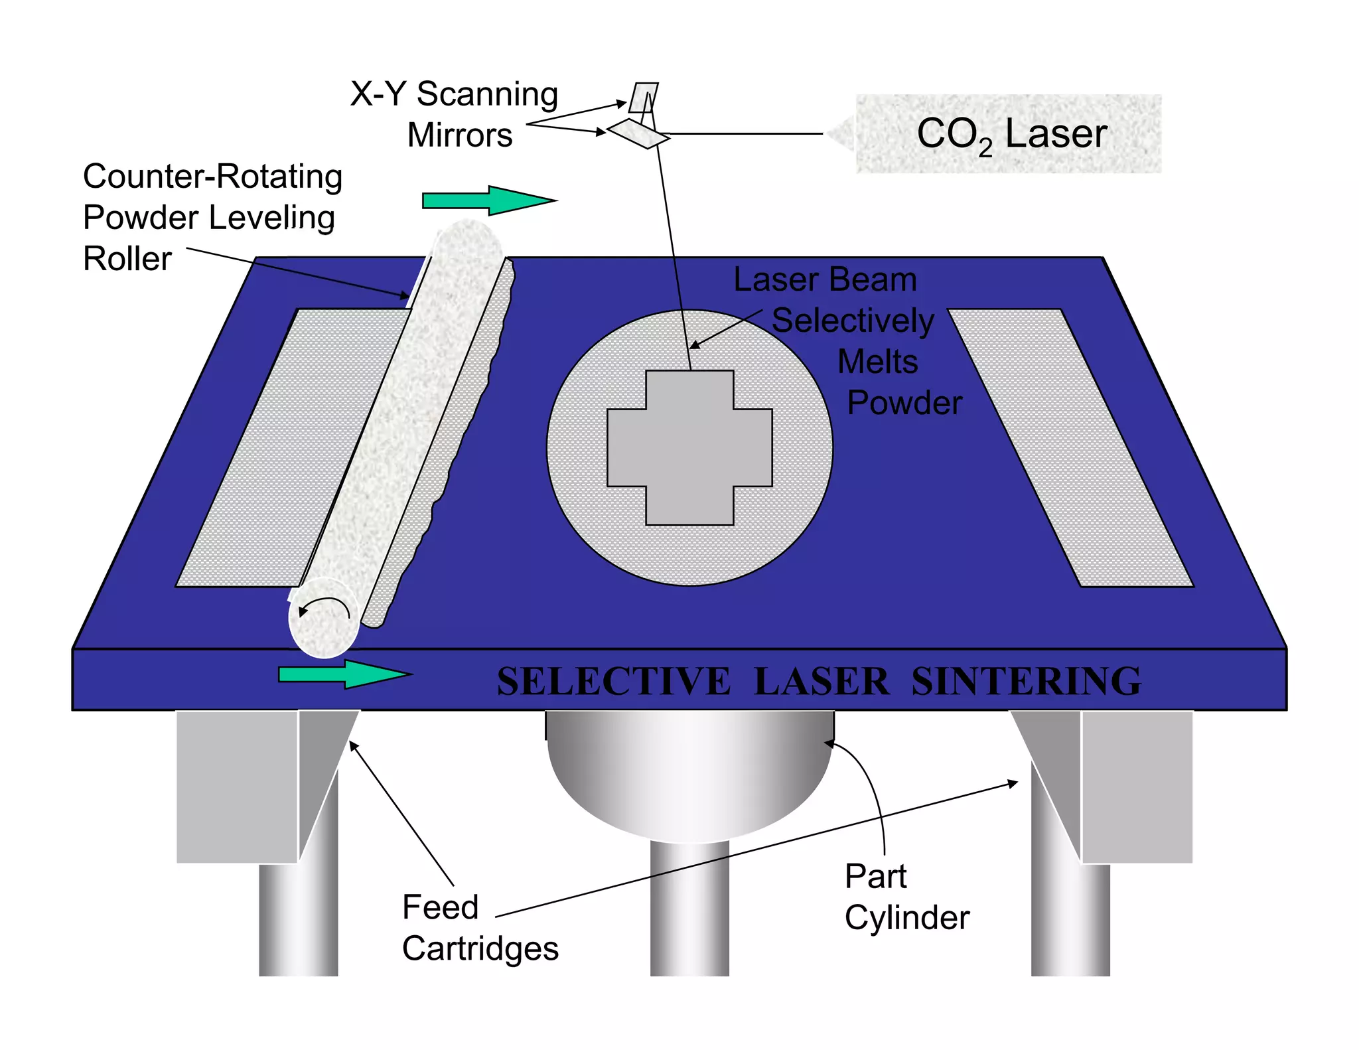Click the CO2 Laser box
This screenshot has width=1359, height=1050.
click(x=1009, y=134)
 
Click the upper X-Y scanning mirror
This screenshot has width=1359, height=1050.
click(x=643, y=97)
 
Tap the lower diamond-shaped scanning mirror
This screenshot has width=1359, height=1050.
click(x=638, y=133)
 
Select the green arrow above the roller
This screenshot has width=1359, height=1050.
click(x=489, y=200)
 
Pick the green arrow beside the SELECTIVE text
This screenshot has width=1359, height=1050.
click(x=344, y=674)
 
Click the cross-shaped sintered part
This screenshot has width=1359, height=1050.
click(x=689, y=448)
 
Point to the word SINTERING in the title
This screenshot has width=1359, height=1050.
click(x=1026, y=682)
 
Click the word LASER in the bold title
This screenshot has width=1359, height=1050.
click(x=822, y=682)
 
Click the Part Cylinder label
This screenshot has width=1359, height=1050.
click(x=906, y=897)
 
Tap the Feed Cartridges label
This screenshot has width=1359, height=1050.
click(x=480, y=928)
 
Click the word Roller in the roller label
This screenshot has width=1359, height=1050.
click(x=127, y=259)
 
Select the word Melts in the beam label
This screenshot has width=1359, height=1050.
click(x=877, y=362)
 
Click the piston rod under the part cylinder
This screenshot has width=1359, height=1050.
click(x=689, y=909)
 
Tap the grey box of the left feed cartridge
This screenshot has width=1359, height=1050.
click(x=237, y=787)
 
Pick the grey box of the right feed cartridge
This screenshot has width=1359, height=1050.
click(x=1137, y=787)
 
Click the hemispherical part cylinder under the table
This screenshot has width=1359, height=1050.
click(x=689, y=773)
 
